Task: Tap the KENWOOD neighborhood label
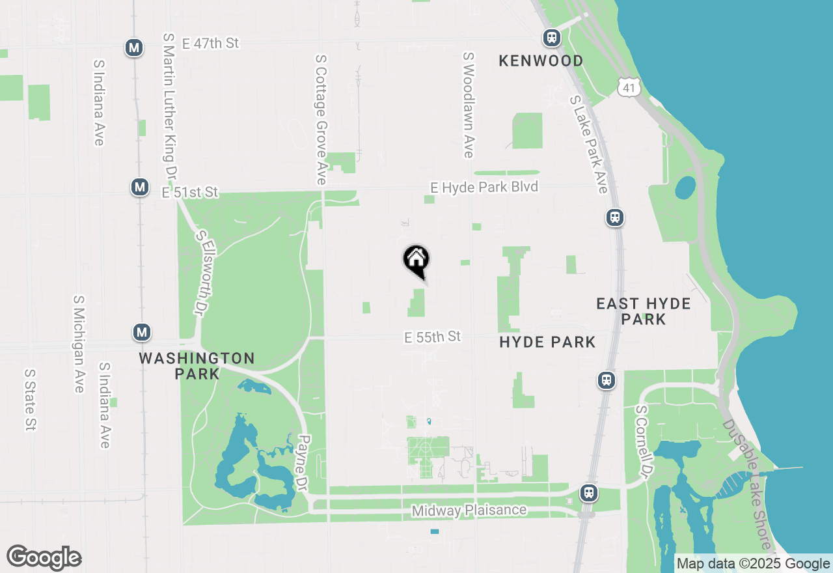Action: (x=541, y=61)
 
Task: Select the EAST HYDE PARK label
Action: (x=644, y=311)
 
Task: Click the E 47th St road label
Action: (x=211, y=44)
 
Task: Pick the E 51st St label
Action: (x=190, y=193)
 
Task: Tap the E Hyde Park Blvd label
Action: (x=484, y=188)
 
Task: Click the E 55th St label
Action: (x=432, y=337)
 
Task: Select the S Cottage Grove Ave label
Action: (x=320, y=119)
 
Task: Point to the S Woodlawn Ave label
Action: (x=468, y=105)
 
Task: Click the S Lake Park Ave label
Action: (x=588, y=145)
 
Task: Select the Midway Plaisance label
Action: (x=469, y=510)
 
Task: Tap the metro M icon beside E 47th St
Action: (x=135, y=48)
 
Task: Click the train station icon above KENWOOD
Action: (x=552, y=37)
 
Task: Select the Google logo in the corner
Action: (x=44, y=558)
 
